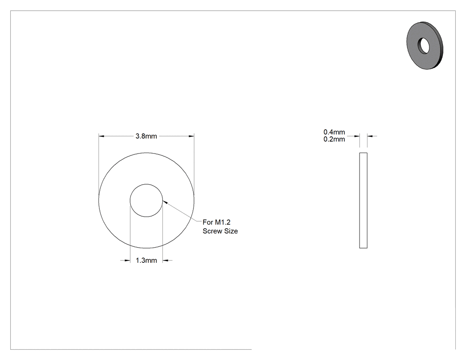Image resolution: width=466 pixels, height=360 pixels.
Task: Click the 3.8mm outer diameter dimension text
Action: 146,136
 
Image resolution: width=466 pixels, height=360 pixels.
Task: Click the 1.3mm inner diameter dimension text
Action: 146,261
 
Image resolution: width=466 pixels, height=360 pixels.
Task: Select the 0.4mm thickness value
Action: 334,132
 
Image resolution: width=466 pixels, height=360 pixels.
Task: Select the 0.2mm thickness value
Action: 334,139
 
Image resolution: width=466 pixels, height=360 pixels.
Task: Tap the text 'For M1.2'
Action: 217,222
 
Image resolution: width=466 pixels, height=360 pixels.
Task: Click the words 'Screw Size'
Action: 220,231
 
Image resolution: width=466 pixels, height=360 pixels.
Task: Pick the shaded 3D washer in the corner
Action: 425,45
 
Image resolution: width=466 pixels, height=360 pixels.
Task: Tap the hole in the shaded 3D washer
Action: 424,46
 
